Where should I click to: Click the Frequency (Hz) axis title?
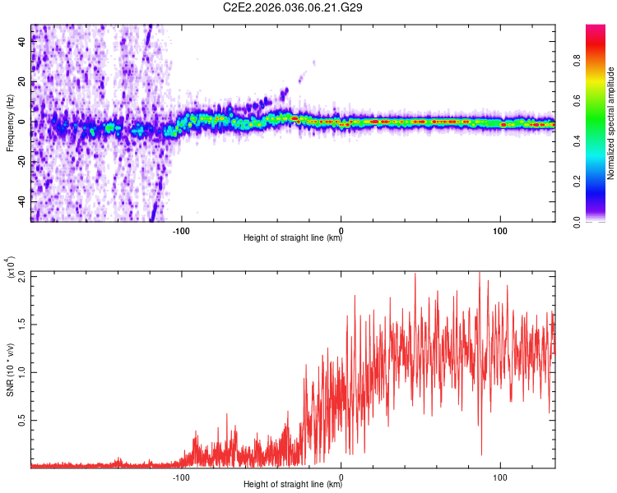point(10,122)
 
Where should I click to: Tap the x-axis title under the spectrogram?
point(293,239)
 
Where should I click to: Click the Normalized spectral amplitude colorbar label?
point(610,123)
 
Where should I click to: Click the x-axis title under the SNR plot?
point(293,486)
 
